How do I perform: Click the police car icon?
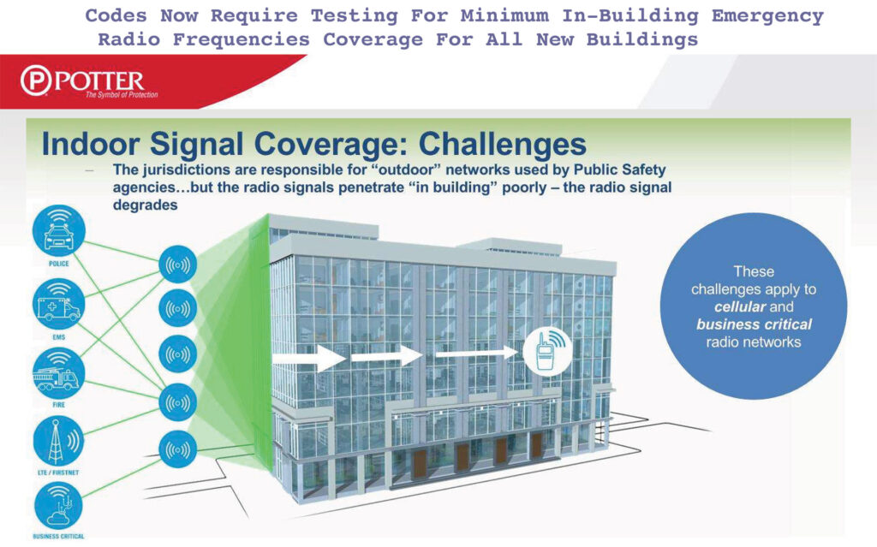[59, 230]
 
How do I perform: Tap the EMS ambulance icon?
[59, 304]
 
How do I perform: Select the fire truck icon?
[59, 373]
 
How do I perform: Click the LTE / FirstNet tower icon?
[59, 442]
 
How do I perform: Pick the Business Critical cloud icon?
[59, 506]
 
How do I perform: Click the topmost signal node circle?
[178, 264]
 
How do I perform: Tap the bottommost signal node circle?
[178, 449]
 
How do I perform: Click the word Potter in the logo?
[99, 81]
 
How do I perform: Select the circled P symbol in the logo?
[36, 80]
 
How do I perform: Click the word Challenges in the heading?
[503, 144]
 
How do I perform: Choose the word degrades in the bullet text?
[146, 205]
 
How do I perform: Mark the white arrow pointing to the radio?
[477, 353]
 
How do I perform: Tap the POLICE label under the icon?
[59, 264]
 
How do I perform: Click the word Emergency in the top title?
[767, 16]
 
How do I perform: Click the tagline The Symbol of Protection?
[122, 94]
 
